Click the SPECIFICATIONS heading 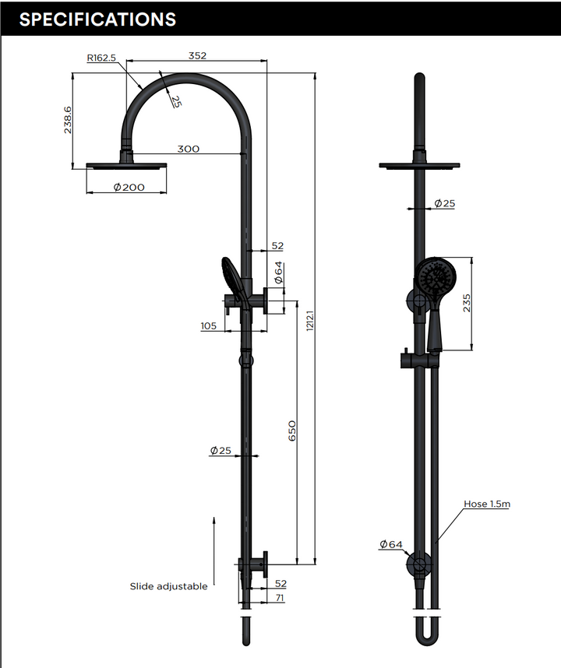(x=97, y=19)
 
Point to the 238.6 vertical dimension (x=69, y=120)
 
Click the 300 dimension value (x=188, y=149)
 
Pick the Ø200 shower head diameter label (x=129, y=187)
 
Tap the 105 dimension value (x=208, y=326)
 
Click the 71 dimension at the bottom (x=280, y=597)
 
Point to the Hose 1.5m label (x=487, y=504)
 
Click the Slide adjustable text (x=168, y=586)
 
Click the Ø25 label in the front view (x=443, y=203)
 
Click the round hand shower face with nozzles (x=433, y=278)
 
